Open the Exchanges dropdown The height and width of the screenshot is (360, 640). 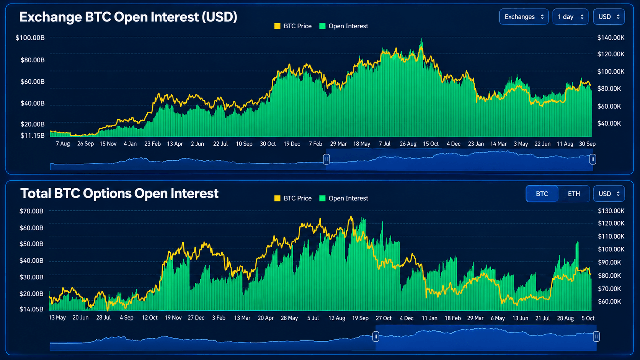click(524, 17)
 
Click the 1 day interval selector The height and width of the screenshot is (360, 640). click(570, 17)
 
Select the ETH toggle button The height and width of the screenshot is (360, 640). click(574, 194)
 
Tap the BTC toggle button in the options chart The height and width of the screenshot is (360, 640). click(542, 194)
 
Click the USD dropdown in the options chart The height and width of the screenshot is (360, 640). click(609, 194)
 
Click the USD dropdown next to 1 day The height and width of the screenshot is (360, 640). click(609, 17)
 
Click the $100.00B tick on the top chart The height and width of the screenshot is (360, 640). click(30, 38)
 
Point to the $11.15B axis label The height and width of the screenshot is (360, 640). click(33, 135)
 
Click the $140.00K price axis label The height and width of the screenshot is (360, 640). click(611, 38)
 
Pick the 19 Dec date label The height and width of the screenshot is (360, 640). click(292, 144)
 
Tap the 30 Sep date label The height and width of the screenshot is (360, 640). click(587, 144)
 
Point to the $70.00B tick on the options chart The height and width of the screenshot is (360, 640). click(31, 211)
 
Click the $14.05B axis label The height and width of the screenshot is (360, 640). click(31, 310)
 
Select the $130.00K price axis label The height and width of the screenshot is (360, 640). click(611, 211)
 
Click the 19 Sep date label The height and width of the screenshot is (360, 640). click(360, 318)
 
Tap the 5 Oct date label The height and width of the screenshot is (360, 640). click(588, 318)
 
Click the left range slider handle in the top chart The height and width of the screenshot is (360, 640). click(326, 159)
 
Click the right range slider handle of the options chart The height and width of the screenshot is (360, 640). click(596, 337)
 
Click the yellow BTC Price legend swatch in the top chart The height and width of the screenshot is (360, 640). click(277, 26)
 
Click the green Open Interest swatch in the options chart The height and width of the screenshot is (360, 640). click(322, 199)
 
